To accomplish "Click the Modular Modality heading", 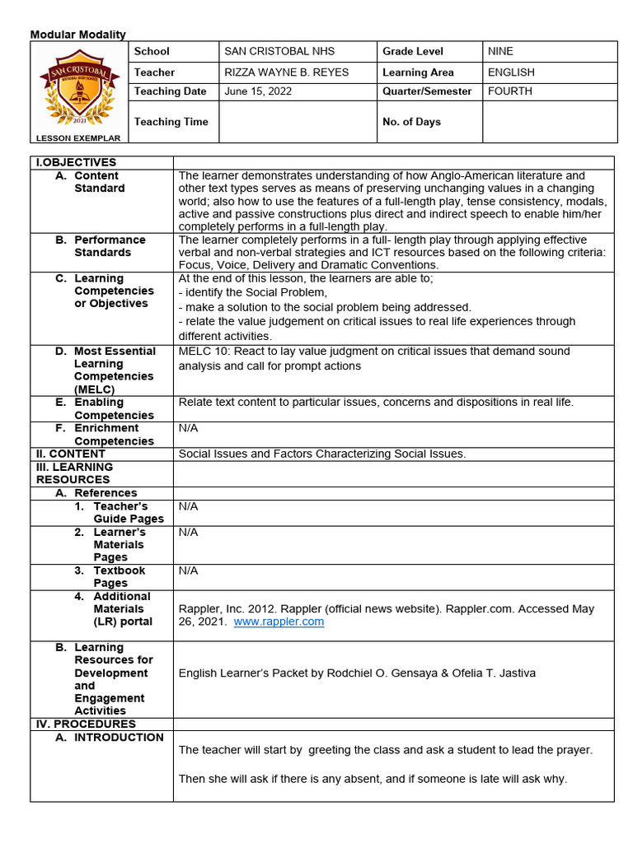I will pos(78,35).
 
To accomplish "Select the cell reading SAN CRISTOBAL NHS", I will pos(279,51).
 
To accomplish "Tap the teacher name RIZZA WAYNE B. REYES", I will pos(287,72).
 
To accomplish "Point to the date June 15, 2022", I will pos(258,91).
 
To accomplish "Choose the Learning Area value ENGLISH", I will pos(511,72).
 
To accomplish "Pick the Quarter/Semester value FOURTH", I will pos(510,91).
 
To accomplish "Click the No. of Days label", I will pos(411,122).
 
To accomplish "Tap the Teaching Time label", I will pos(171,122).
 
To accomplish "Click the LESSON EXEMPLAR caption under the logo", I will pos(79,138).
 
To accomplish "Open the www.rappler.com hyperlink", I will pos(279,622).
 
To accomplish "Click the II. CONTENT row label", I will pos(70,454).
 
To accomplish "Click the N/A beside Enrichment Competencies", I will pos(188,428).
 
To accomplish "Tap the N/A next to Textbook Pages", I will pos(188,571).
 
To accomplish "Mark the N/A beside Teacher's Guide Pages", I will pos(188,506).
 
